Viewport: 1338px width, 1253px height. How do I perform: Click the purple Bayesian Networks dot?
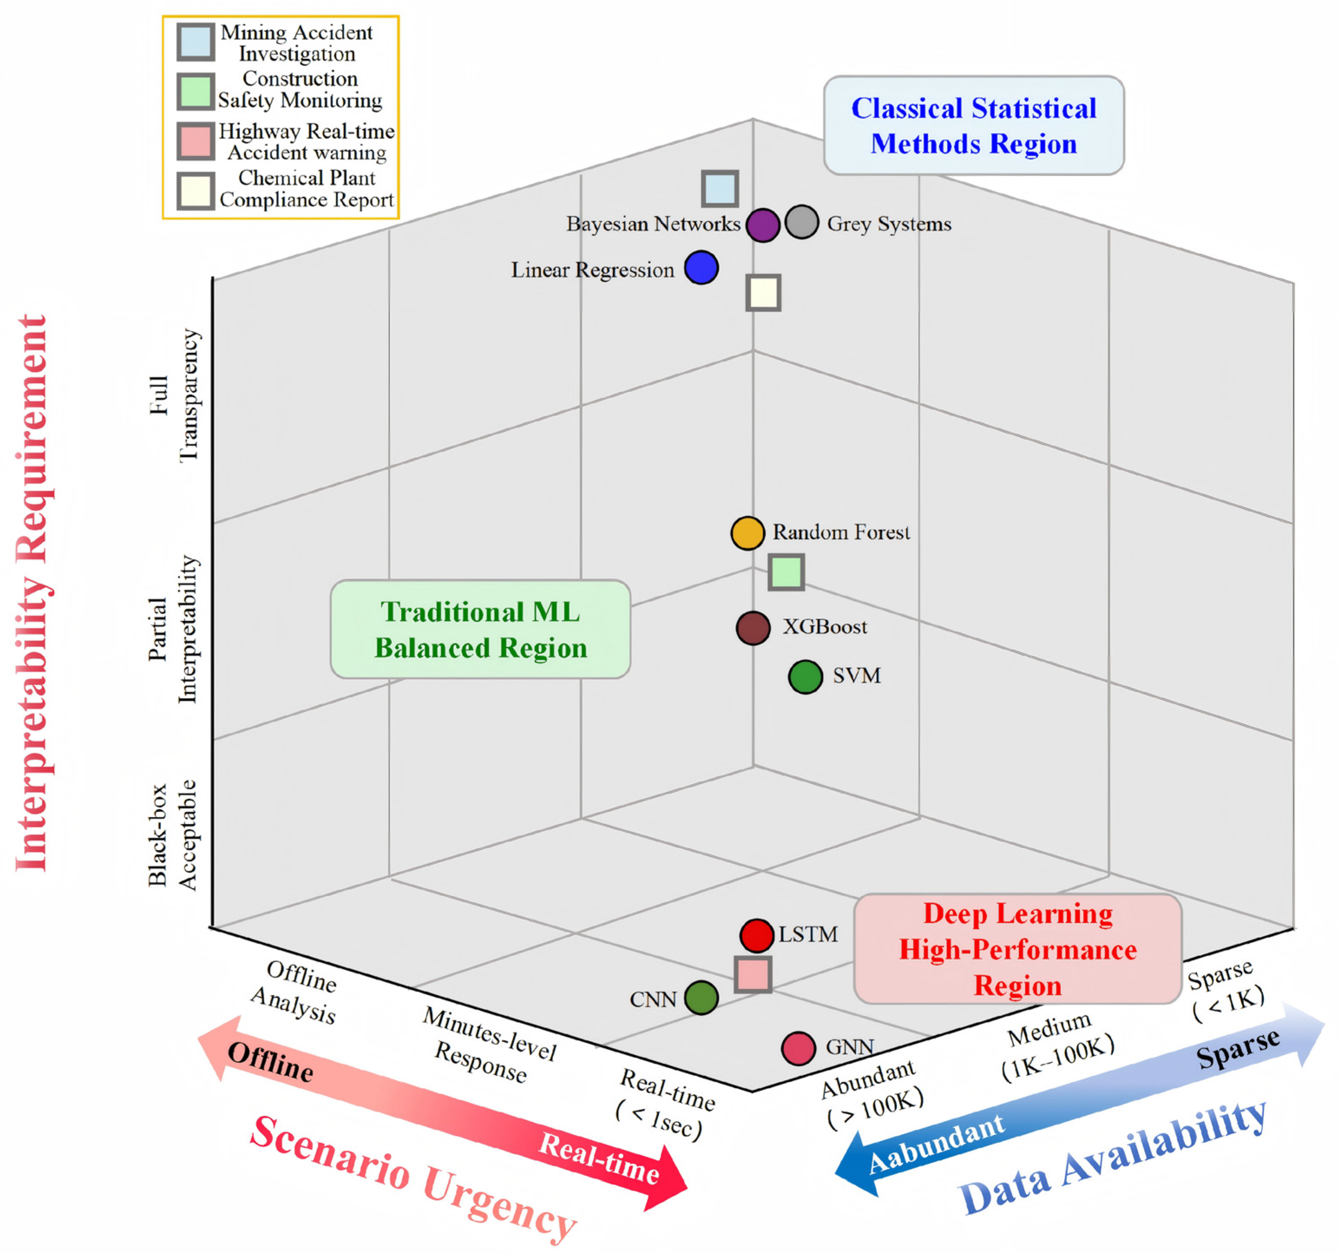coord(763,225)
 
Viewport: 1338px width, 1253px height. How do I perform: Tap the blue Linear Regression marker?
coord(701,267)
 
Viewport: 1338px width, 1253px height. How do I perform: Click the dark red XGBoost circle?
coord(753,629)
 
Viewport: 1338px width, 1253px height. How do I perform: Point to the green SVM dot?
coord(805,677)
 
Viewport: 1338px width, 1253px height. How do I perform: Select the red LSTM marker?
coord(757,936)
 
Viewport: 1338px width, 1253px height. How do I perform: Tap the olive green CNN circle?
coord(701,997)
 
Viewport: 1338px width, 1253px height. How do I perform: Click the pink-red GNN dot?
coord(798,1048)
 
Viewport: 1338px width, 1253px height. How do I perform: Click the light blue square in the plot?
coord(719,188)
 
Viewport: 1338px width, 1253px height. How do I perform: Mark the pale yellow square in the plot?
coord(763,293)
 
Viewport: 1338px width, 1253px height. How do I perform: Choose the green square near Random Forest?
coord(786,572)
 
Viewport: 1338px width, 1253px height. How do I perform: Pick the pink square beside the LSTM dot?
coord(752,974)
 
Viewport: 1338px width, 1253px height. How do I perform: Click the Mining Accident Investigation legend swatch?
coord(196,42)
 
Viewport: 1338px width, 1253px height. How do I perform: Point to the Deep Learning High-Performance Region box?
coord(1018,949)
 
